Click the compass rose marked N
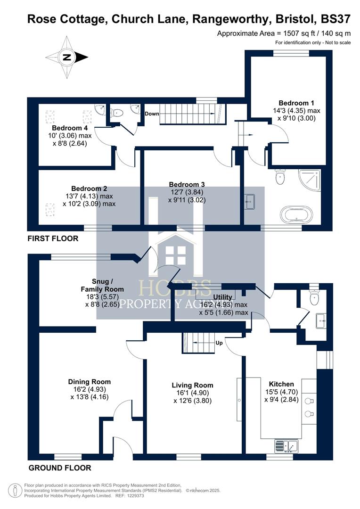(66, 57)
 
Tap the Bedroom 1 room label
(296, 103)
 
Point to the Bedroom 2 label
(89, 188)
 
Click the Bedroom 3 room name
(188, 184)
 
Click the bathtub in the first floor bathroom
(296, 215)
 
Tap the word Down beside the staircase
(152, 114)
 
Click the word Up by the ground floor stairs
(219, 343)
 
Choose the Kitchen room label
(281, 384)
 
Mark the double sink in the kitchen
(286, 444)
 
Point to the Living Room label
(192, 385)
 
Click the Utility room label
(222, 297)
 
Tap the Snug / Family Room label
(102, 286)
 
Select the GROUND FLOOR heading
(60, 468)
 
